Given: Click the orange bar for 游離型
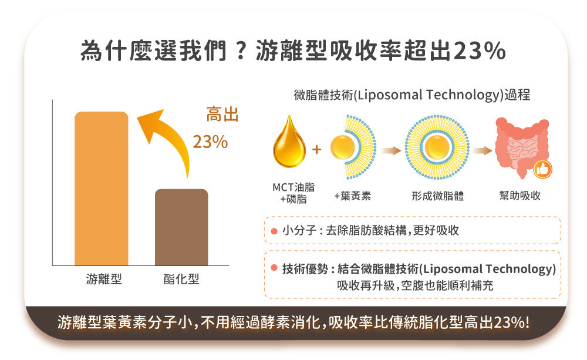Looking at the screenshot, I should tap(101, 188).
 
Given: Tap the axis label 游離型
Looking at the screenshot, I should tap(104, 279).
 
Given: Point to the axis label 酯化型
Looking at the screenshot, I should tap(181, 279).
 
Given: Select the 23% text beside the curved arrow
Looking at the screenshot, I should tap(210, 142).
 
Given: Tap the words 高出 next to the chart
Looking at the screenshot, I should tap(222, 115).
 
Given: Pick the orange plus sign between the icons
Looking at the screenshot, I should tap(317, 150).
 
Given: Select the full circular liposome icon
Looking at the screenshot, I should tap(437, 147).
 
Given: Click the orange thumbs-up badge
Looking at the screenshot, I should tap(543, 170).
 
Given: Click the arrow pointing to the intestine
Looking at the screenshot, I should tap(482, 151).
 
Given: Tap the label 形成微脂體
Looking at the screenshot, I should tap(437, 196).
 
